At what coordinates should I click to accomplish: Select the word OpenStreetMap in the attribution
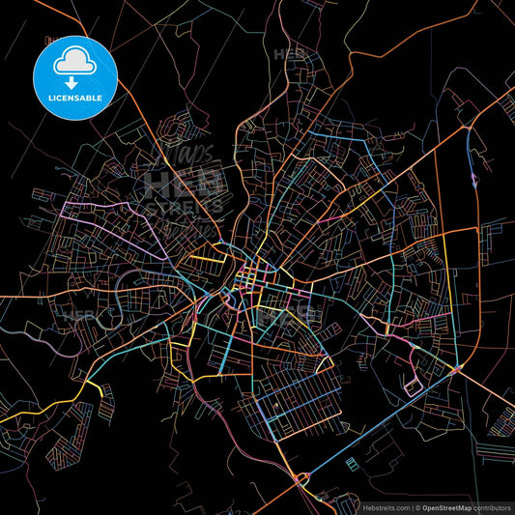point(447,505)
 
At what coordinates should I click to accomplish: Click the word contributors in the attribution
point(493,505)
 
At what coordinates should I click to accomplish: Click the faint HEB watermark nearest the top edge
point(289,53)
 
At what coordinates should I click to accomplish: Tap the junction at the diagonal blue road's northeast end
point(458,369)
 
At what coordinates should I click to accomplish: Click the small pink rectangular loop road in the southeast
point(414,387)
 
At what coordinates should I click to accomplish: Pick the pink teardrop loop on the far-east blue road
point(473,178)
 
